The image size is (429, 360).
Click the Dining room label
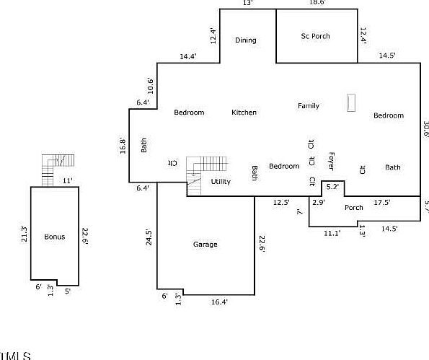tap(245, 40)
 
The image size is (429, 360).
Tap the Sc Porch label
tap(315, 36)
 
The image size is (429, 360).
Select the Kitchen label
tap(244, 113)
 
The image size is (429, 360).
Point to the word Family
tap(309, 106)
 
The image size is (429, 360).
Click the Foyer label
tap(331, 160)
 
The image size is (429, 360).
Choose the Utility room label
tap(221, 182)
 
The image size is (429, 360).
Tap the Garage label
tap(205, 245)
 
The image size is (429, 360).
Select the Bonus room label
tap(55, 237)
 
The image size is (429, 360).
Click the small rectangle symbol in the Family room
tap(351, 102)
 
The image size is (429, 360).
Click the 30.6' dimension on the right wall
tap(425, 128)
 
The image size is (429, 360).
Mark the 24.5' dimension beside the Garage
tap(149, 237)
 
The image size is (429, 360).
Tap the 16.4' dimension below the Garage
tap(219, 302)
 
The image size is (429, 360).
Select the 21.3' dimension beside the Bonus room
tap(24, 234)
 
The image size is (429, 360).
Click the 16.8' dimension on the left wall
tap(123, 145)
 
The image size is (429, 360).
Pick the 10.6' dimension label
tap(150, 85)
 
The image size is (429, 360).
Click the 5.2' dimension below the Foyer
tap(332, 187)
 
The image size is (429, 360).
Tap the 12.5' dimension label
tap(282, 203)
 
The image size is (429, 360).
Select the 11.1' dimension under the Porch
tap(332, 233)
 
